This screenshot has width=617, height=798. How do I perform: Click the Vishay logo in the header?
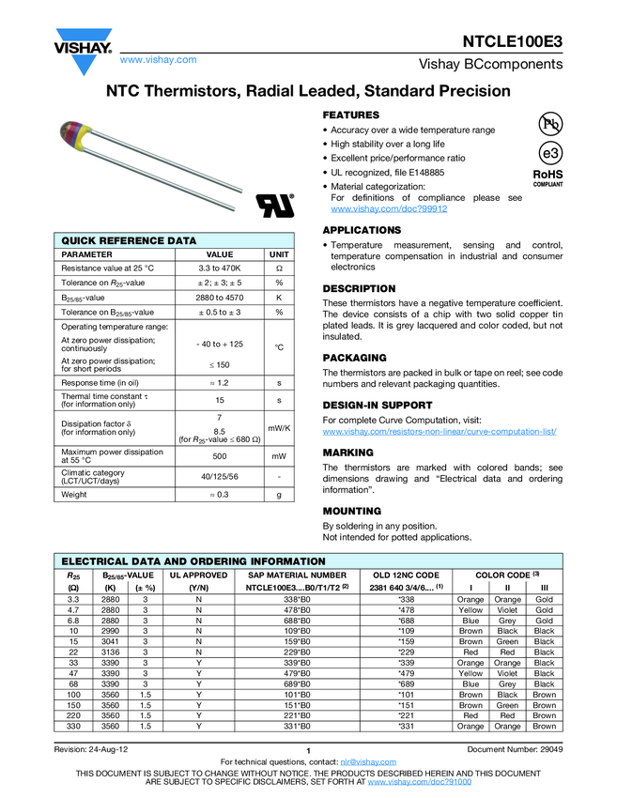(83, 50)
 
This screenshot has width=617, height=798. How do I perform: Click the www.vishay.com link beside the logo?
(159, 60)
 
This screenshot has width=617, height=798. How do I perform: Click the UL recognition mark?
(276, 206)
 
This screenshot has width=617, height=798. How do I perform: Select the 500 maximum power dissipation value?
(219, 455)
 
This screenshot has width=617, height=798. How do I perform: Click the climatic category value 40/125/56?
(219, 476)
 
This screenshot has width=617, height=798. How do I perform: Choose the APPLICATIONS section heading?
(362, 230)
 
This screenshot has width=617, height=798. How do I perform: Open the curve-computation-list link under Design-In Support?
(440, 431)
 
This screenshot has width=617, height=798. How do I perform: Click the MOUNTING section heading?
(351, 511)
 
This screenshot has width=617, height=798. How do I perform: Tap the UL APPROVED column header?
(198, 574)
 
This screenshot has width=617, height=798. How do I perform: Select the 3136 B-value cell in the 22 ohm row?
(110, 652)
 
